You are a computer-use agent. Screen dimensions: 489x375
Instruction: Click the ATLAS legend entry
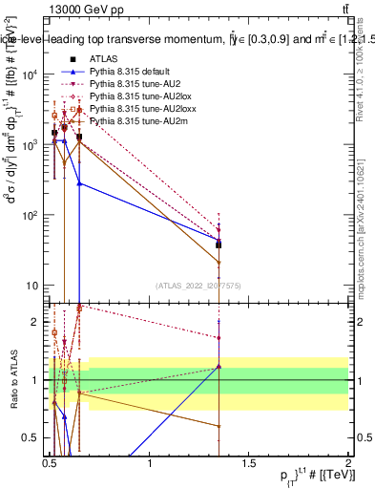(102, 58)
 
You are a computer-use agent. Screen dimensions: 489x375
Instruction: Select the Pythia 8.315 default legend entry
(125, 72)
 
